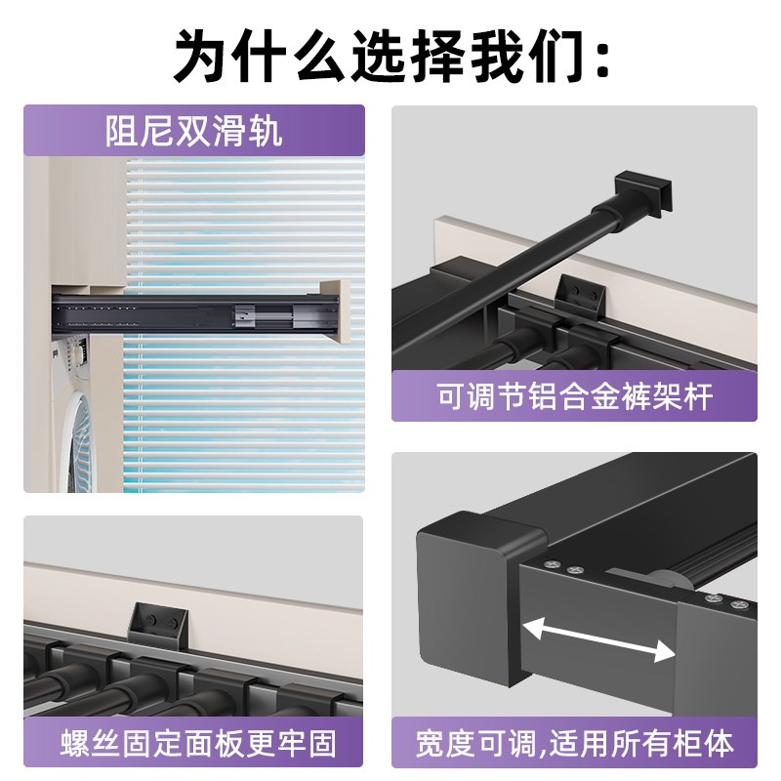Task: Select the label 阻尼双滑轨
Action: pyautogui.click(x=194, y=131)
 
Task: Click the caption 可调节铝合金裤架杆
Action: pyautogui.click(x=574, y=396)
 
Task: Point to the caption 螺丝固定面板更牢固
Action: pyautogui.click(x=193, y=744)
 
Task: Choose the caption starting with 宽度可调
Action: pyautogui.click(x=574, y=744)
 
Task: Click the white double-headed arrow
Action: pyautogui.click(x=599, y=640)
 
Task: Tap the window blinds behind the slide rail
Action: pyautogui.click(x=244, y=410)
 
